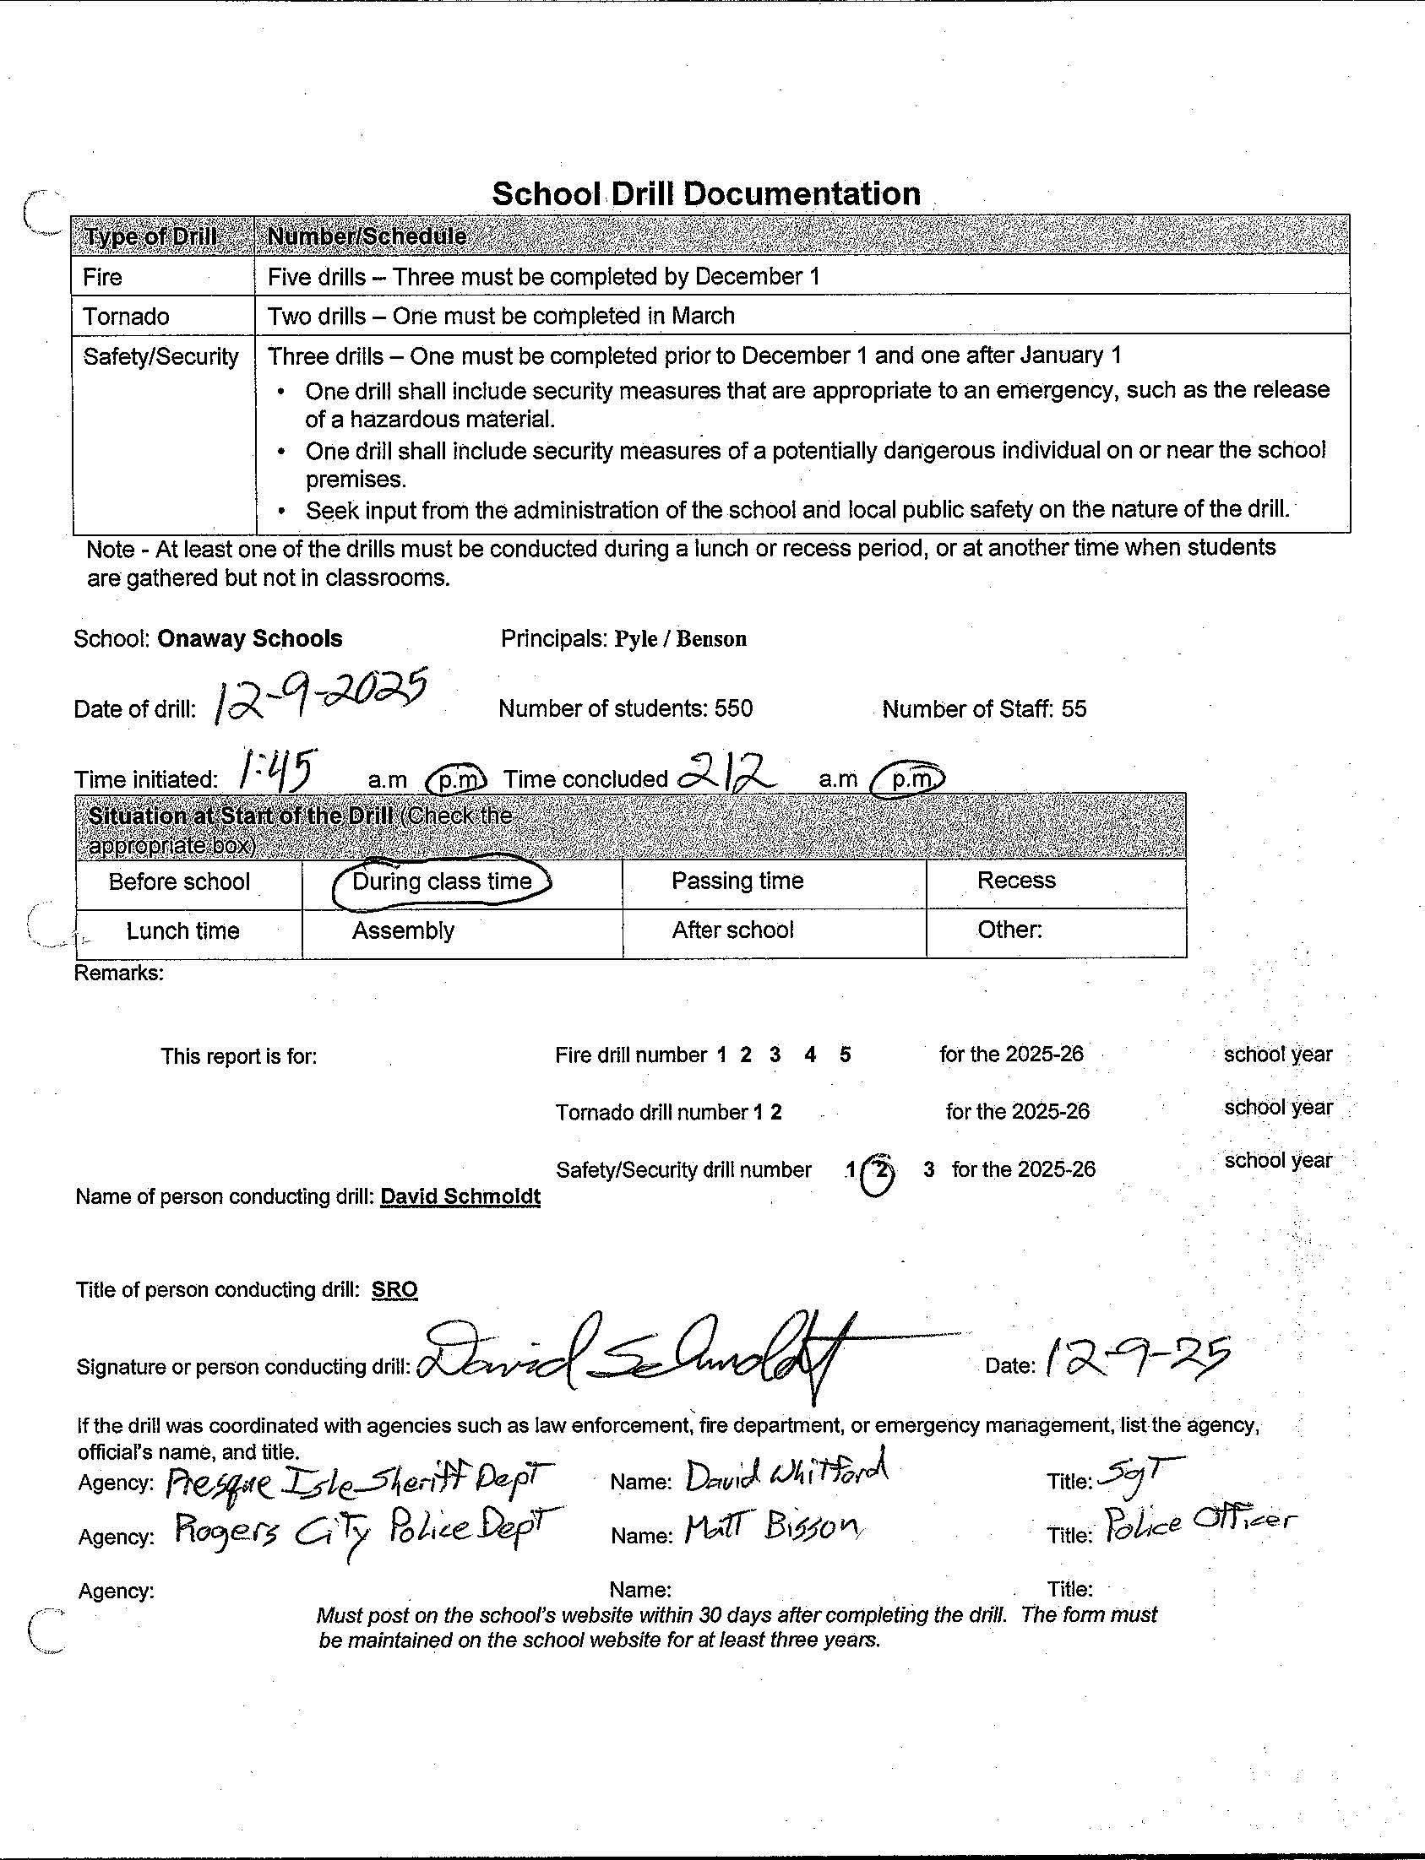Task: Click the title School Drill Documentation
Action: (705, 194)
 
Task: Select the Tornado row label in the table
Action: (126, 317)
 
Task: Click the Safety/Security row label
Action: (160, 356)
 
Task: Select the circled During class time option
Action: (441, 881)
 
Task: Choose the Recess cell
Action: (1015, 881)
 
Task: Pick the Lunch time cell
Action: (182, 931)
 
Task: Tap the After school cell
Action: (732, 930)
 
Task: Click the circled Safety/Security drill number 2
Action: (880, 1171)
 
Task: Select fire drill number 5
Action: (845, 1055)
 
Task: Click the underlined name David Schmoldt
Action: (460, 1196)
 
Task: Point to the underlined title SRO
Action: (394, 1289)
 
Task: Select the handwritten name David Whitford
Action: (786, 1478)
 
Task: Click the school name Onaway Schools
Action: (249, 638)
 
